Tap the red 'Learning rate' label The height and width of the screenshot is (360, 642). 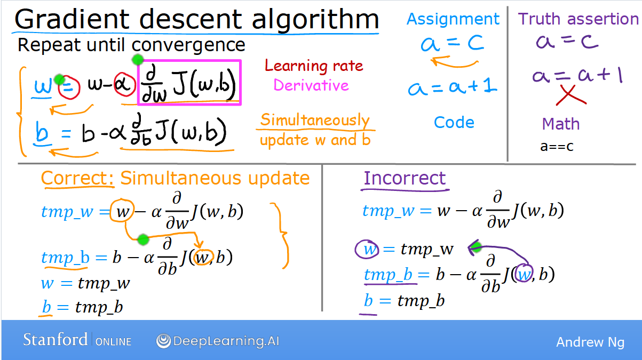click(314, 66)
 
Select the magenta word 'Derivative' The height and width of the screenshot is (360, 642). click(311, 85)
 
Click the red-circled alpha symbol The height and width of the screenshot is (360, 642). click(124, 84)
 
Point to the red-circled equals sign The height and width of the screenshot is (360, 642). click(69, 87)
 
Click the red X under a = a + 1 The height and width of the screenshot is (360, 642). click(570, 95)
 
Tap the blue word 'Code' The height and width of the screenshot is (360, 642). click(454, 122)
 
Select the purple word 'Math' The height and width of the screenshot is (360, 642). click(560, 124)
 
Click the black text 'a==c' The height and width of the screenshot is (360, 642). click(557, 146)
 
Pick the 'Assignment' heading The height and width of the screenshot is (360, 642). click(453, 19)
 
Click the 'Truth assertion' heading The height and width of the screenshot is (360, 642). click(578, 19)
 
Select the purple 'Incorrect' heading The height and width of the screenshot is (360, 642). click(405, 178)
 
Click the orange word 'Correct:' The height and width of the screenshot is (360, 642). click(77, 178)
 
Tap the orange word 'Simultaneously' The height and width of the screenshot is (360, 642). click(315, 120)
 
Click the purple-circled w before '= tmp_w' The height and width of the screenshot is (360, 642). click(367, 249)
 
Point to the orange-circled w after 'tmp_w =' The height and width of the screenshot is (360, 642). click(122, 211)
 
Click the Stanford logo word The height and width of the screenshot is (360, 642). click(56, 340)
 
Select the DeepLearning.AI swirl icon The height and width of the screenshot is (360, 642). click(164, 341)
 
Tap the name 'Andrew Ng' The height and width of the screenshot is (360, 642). click(590, 342)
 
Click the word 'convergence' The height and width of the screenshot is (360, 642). click(188, 45)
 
